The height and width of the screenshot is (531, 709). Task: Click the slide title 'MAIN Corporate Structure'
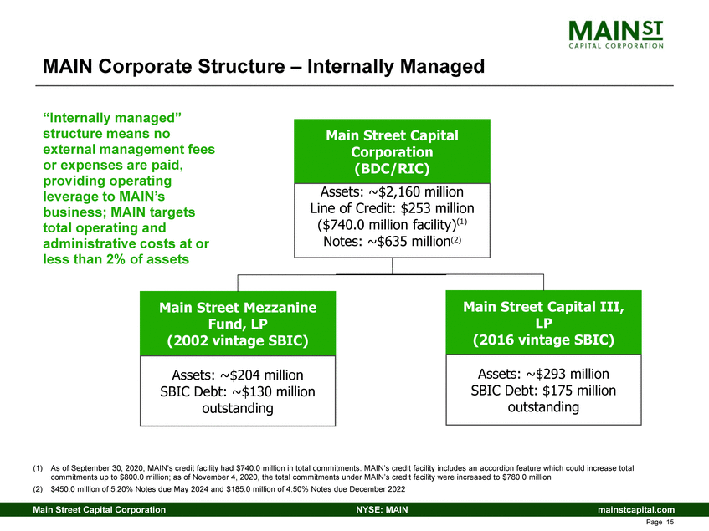pyautogui.click(x=264, y=65)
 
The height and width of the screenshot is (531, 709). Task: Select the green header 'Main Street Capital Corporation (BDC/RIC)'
pyautogui.click(x=392, y=152)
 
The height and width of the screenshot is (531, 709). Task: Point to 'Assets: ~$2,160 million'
pyautogui.click(x=392, y=191)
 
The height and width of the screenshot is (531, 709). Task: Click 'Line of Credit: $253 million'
pyautogui.click(x=392, y=207)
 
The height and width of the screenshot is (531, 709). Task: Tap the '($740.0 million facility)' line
pyautogui.click(x=392, y=224)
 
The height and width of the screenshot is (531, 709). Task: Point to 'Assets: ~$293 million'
pyautogui.click(x=543, y=374)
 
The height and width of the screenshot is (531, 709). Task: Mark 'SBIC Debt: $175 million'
pyautogui.click(x=543, y=391)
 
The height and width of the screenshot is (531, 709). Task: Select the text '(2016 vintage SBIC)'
pyautogui.click(x=543, y=340)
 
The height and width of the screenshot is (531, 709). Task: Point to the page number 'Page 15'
pyautogui.click(x=661, y=523)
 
